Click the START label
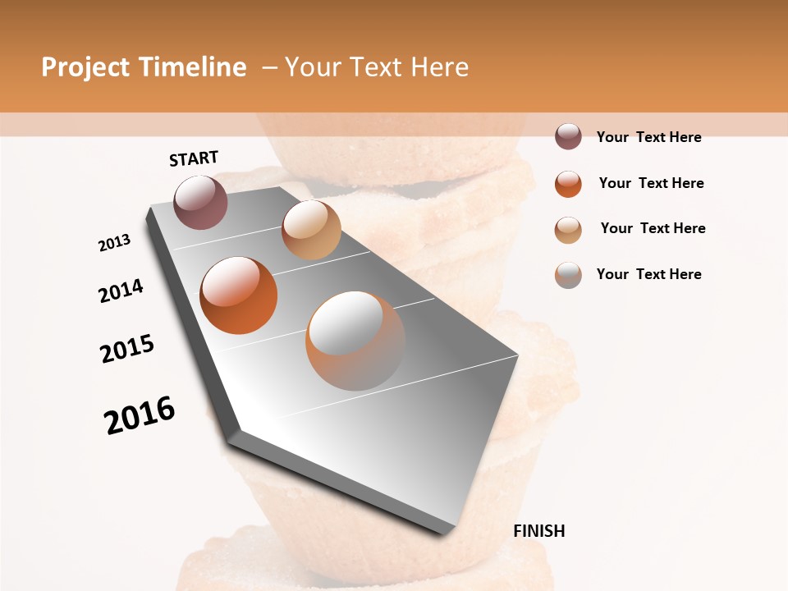point(194,158)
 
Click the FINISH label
point(539,531)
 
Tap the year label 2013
point(114,243)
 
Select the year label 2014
point(121,291)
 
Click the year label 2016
point(140,415)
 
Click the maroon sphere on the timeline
point(200,202)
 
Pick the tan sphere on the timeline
point(311,230)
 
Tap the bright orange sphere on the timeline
point(238,295)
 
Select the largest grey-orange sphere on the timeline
point(355,340)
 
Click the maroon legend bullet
point(568,136)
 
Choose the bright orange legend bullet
point(568,183)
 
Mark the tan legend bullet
point(568,229)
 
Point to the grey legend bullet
point(568,274)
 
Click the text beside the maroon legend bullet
point(648,137)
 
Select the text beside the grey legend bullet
point(648,274)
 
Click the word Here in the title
point(439,67)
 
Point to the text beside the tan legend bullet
point(653,228)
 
